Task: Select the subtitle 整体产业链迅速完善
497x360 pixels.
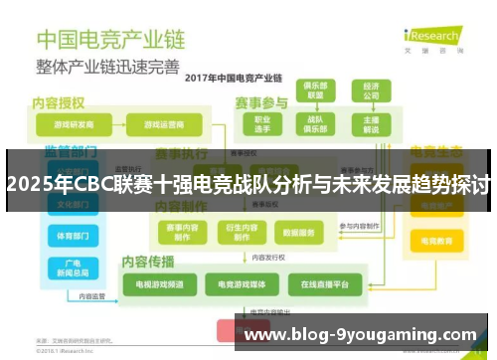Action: pyautogui.click(x=108, y=68)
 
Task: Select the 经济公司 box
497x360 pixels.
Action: pyautogui.click(x=371, y=90)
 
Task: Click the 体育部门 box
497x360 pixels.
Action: pyautogui.click(x=73, y=237)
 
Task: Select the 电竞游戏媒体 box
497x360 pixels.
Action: pyautogui.click(x=240, y=285)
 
